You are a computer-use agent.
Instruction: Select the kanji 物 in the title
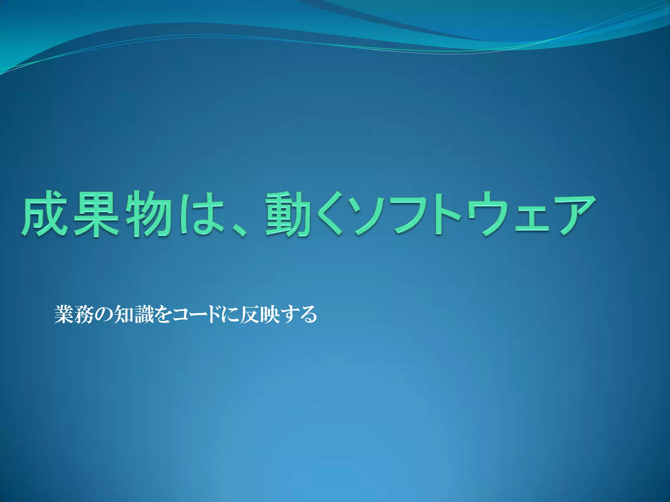tap(149, 214)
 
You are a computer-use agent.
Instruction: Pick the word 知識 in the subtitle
tap(134, 314)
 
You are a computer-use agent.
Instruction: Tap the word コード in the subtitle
tap(196, 314)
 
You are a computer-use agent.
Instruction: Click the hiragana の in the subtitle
tap(104, 314)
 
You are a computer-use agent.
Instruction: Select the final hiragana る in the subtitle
tap(308, 314)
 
